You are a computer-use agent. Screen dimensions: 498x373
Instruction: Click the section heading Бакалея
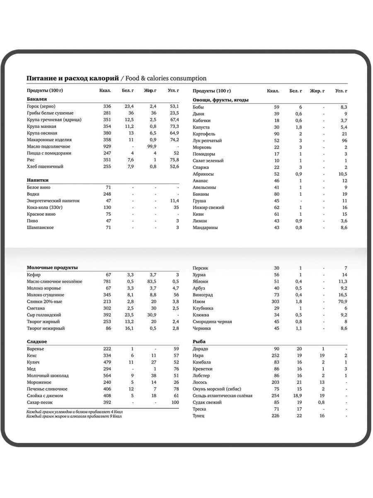pos(37,99)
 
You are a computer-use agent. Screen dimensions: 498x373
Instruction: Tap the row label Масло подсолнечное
pos(48,146)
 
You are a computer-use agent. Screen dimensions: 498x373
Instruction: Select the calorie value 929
pos(107,146)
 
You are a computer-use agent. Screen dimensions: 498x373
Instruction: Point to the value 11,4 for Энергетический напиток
pos(174,201)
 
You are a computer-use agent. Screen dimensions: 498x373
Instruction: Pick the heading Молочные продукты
pos(52,268)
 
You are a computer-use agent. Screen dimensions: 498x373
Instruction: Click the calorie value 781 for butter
pos(107,281)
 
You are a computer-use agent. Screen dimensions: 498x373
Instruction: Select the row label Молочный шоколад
pos(48,376)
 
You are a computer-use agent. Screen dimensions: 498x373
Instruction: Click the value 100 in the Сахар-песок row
pos(175,403)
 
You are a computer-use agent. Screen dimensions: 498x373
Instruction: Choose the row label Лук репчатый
pos(207,141)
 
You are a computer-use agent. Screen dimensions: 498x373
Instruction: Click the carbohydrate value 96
pos(344,141)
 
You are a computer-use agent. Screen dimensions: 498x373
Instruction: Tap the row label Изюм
pos(199,302)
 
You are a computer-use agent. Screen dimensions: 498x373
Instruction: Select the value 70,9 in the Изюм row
pos(342,302)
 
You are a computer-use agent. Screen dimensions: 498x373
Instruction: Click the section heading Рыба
pos(199,342)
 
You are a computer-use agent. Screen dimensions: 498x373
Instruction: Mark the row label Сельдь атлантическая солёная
pos(223,395)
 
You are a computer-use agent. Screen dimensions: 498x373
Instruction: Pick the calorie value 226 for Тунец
pos(275,416)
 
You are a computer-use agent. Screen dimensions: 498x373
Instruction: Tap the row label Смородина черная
pos(212,322)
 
